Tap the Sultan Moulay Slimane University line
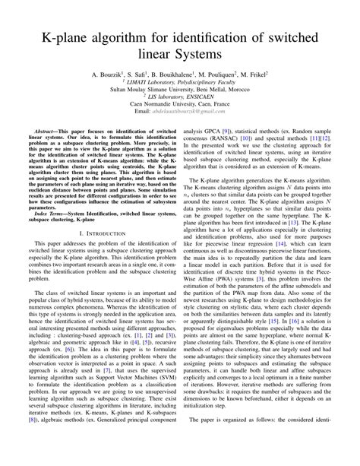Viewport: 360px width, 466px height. pos(180,97)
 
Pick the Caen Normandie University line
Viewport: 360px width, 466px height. pos(180,116)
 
